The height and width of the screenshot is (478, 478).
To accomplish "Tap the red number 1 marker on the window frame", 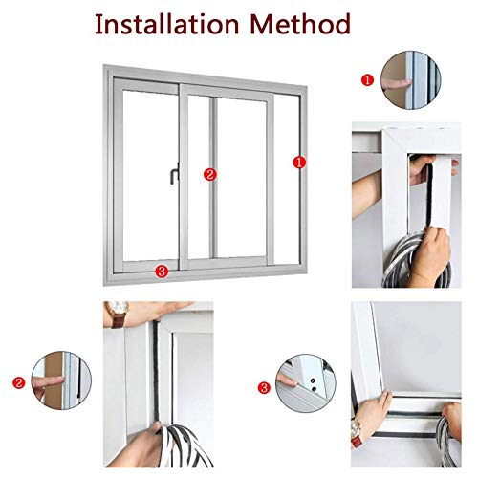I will (x=298, y=163).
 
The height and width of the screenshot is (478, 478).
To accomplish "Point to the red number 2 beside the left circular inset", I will (x=18, y=383).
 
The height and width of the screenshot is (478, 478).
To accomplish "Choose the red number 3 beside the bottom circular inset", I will (x=263, y=388).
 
